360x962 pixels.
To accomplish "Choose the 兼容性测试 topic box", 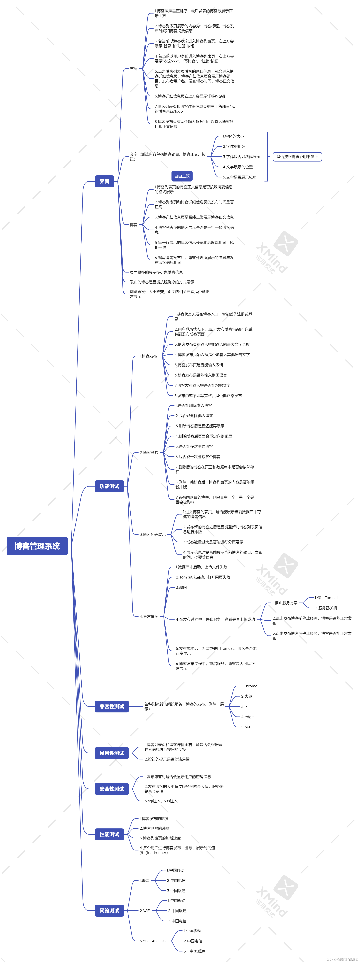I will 112,706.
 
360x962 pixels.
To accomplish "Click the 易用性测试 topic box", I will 112,753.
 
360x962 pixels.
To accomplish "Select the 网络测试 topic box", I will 109,910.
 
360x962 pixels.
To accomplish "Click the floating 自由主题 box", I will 182,176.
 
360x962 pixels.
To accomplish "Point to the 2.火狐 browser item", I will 246,696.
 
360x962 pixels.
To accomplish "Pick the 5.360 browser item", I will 246,727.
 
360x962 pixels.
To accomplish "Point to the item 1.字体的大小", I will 233,136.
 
